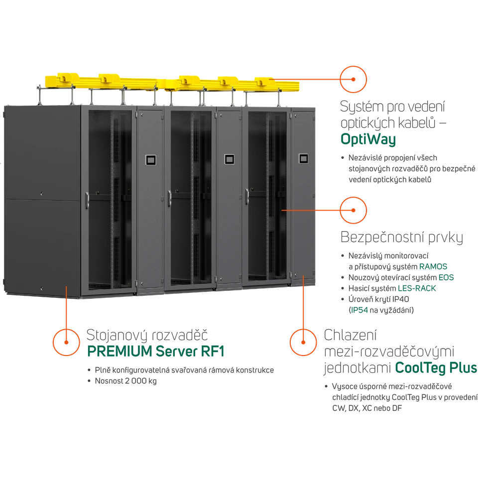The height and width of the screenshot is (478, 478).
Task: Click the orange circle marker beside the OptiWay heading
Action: [353, 79]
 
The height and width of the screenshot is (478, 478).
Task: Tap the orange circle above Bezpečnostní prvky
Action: [353, 210]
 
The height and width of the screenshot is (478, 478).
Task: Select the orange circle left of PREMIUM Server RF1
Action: [66, 342]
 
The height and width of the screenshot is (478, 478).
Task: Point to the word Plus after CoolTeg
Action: [461, 368]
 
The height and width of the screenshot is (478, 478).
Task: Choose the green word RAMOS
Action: [433, 267]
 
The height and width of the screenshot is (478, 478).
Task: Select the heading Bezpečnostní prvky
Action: [402, 237]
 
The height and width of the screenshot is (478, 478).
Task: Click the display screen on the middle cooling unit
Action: [230, 160]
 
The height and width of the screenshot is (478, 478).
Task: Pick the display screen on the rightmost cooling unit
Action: [303, 160]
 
